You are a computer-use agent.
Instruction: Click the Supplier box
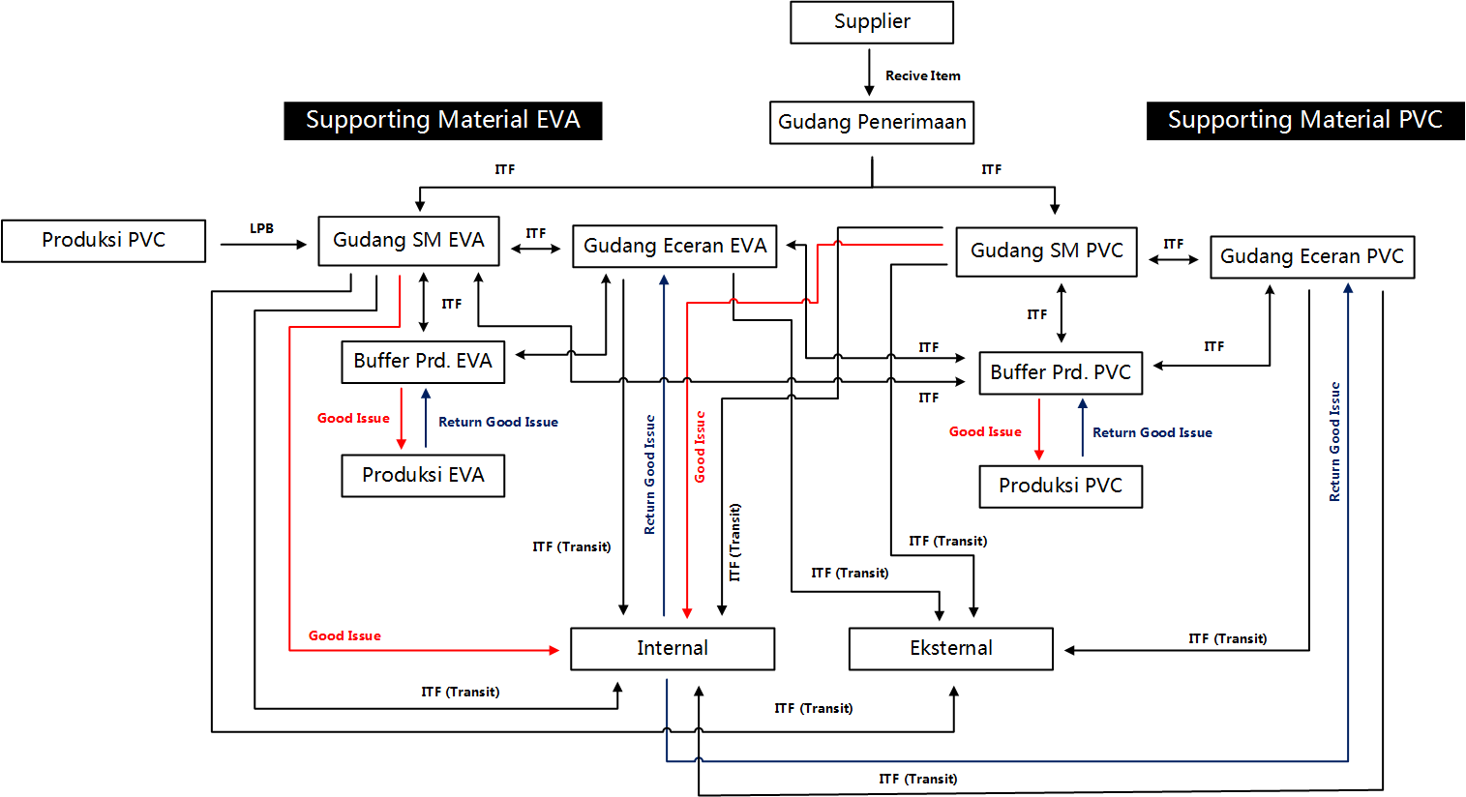tap(871, 22)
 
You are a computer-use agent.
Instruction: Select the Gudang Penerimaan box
tap(871, 123)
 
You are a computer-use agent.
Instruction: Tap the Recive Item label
tap(922, 75)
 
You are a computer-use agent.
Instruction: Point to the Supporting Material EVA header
tap(442, 121)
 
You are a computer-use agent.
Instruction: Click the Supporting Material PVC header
tap(1304, 121)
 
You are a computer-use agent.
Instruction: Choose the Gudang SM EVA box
tap(408, 241)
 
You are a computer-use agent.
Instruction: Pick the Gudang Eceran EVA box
tap(674, 247)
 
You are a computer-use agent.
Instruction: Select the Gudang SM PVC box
tap(1046, 251)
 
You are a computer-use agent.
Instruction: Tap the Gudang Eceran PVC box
tap(1311, 257)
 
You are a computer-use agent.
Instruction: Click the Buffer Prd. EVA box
tap(423, 362)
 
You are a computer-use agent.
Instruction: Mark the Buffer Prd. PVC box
tap(1061, 373)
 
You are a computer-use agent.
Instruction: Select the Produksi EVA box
tap(423, 476)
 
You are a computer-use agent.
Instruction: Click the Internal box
tap(672, 649)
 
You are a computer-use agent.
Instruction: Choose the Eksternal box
tap(950, 649)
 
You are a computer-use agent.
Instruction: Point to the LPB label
tap(261, 229)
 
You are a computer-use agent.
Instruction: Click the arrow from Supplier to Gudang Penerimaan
tap(869, 73)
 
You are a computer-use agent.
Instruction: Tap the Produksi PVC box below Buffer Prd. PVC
tap(1061, 487)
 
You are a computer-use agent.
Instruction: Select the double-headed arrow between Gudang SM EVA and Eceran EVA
tap(535, 249)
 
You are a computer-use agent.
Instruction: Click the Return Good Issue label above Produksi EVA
tap(497, 423)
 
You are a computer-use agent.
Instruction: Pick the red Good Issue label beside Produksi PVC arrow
tap(984, 432)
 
